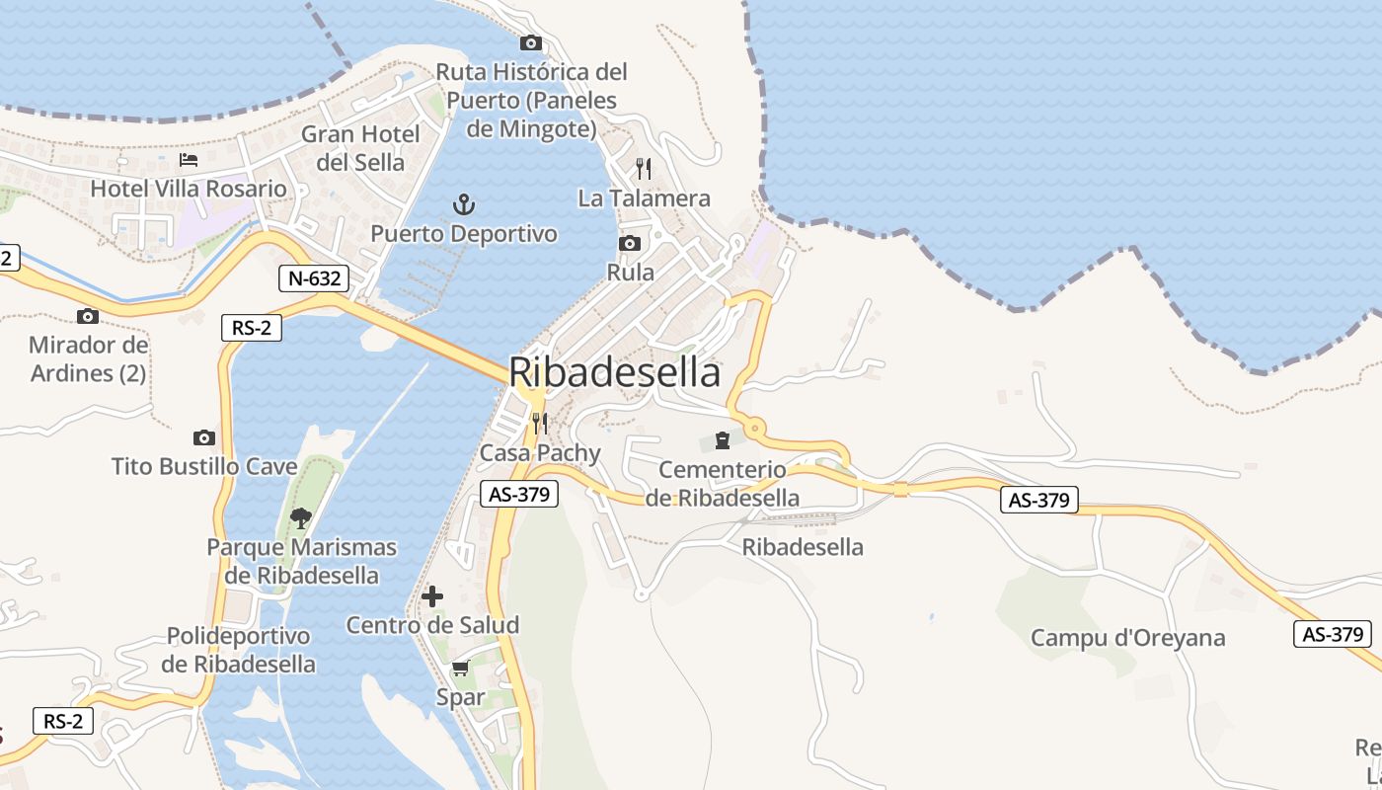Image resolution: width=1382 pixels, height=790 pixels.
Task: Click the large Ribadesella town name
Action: point(614,373)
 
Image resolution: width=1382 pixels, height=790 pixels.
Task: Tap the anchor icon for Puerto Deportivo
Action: point(464,204)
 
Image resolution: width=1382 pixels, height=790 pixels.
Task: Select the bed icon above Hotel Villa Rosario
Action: point(189,159)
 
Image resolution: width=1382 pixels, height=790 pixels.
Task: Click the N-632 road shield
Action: point(315,278)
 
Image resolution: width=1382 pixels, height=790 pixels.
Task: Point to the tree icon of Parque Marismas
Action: point(301,516)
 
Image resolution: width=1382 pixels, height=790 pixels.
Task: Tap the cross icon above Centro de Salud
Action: point(432,596)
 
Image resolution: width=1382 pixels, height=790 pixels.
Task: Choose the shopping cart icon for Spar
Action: point(460,669)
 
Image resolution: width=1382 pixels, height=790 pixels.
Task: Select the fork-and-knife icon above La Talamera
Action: point(644,168)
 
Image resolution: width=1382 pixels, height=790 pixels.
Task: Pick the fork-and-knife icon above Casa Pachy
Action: point(539,424)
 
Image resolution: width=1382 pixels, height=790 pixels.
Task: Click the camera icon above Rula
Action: point(630,243)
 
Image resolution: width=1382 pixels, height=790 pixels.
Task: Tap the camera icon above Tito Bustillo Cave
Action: point(204,437)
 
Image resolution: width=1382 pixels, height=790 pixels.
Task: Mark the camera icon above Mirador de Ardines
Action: point(88,316)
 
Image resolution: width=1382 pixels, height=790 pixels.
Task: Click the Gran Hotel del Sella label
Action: point(360,147)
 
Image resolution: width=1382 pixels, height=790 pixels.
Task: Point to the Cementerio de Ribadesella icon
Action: point(723,439)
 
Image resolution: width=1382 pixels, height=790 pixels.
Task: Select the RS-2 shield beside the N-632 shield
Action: point(252,328)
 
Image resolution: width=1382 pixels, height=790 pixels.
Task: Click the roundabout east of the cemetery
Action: point(755,428)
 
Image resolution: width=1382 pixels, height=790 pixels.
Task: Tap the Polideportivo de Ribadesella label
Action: point(238,650)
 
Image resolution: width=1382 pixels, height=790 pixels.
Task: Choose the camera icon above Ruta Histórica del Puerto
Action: point(531,42)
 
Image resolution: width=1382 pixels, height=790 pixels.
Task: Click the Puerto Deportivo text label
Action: point(464,234)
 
